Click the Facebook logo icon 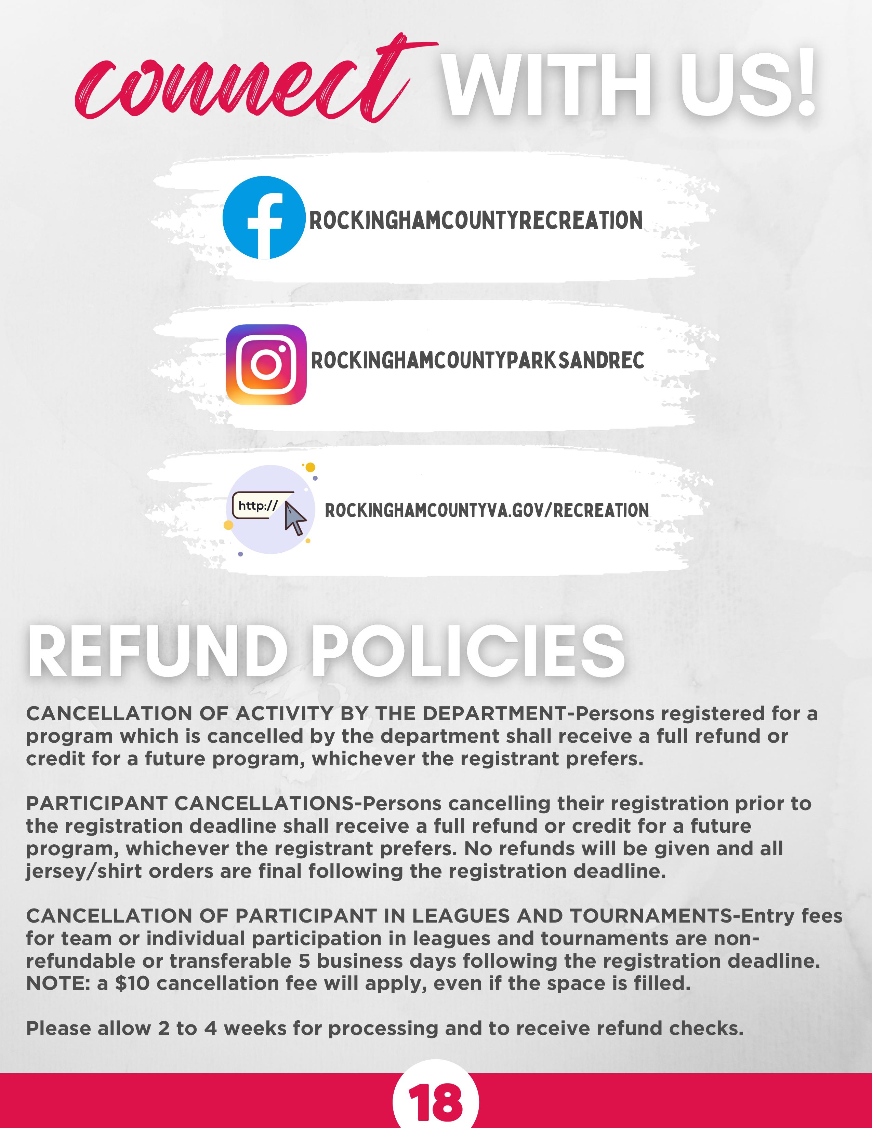click(x=264, y=217)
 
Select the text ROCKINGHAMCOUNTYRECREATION click(x=476, y=220)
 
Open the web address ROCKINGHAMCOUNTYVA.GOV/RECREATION click(x=487, y=510)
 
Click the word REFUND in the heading click(x=158, y=652)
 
